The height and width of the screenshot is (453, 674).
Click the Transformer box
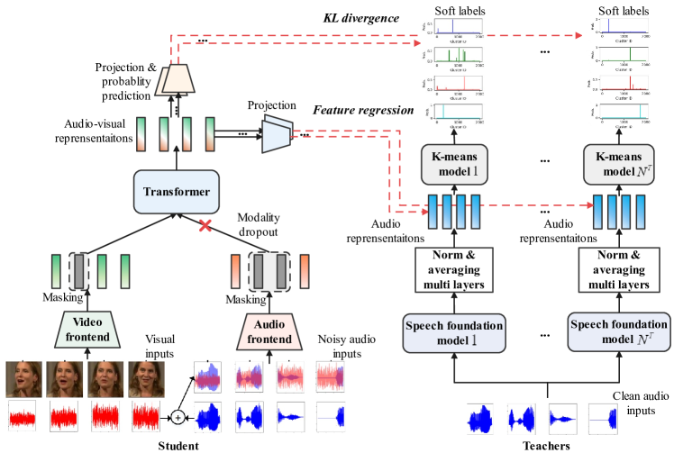(x=177, y=192)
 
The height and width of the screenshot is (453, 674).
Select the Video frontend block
(x=88, y=330)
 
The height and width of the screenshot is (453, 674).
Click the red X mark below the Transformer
(x=205, y=226)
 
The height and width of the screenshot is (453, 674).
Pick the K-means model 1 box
(x=455, y=165)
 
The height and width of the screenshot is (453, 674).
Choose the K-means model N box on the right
(x=617, y=165)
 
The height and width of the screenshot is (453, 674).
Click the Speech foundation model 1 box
(x=455, y=332)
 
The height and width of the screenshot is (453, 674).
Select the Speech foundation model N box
(x=618, y=332)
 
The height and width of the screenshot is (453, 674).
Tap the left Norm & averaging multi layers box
(x=455, y=269)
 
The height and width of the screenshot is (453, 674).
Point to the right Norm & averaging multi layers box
(x=617, y=269)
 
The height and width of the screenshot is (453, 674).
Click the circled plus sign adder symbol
(x=178, y=418)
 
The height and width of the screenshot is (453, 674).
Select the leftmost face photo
(x=23, y=379)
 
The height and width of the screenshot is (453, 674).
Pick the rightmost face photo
(x=146, y=379)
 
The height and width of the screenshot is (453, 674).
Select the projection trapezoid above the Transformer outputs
(x=177, y=81)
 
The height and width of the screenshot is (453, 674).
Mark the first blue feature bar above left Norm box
(x=433, y=213)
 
